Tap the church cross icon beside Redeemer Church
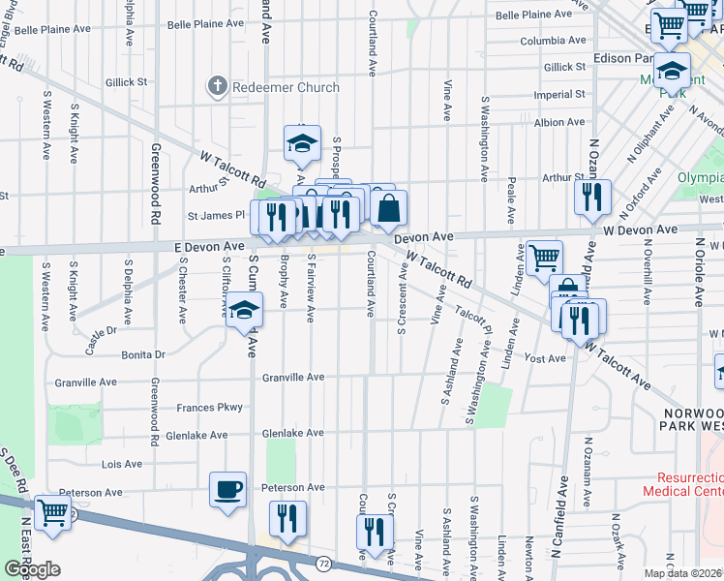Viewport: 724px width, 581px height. pos(215,87)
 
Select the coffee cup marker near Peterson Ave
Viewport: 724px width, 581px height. pos(228,490)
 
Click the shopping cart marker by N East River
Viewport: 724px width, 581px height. pos(52,513)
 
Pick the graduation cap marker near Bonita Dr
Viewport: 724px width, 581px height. pos(245,311)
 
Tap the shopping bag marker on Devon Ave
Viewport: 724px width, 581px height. pos(388,208)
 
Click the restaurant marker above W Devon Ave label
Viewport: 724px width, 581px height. pos(592,198)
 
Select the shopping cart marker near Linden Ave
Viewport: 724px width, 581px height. pos(544,258)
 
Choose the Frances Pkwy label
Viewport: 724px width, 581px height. pos(209,408)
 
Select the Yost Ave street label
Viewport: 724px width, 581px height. pos(544,358)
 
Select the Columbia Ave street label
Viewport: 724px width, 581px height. pos(553,42)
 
